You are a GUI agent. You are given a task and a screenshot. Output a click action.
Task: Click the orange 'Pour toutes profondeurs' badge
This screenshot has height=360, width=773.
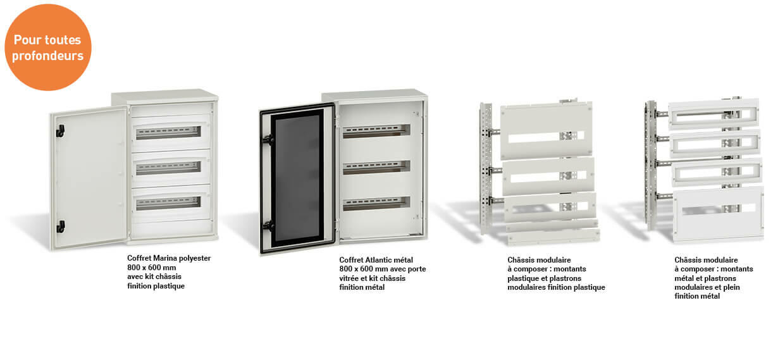[48, 47]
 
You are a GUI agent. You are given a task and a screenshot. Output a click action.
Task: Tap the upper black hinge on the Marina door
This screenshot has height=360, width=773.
[60, 131]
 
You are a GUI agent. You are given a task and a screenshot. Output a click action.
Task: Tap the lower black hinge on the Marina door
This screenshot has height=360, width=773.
[60, 227]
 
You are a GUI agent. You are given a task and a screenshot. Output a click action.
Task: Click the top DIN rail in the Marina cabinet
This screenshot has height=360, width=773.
[168, 132]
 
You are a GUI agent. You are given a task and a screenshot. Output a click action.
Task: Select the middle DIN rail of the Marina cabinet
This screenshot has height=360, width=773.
[168, 168]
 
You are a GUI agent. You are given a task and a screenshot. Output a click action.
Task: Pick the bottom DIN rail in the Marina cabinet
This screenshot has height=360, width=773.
[168, 203]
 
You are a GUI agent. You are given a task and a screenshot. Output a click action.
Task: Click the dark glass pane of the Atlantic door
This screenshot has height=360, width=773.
[297, 178]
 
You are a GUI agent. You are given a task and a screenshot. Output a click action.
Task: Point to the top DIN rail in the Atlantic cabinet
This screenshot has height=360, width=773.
[376, 132]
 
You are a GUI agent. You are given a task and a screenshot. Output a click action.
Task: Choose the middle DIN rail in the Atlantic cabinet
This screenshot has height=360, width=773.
[376, 167]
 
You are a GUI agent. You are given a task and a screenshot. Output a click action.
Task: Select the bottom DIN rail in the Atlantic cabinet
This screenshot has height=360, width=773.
[376, 204]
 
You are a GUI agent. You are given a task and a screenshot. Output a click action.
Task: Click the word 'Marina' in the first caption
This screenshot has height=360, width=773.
[164, 258]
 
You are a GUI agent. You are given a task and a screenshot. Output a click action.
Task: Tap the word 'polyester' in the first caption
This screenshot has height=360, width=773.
[194, 259]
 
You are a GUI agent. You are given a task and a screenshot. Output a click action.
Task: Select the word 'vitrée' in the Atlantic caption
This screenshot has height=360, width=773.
[349, 278]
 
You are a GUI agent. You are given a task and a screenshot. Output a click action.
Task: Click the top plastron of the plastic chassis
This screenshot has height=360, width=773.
[547, 130]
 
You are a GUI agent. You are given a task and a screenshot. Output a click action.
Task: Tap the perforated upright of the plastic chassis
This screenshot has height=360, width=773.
[486, 168]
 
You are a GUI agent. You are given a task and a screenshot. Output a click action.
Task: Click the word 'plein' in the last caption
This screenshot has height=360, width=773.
[732, 287]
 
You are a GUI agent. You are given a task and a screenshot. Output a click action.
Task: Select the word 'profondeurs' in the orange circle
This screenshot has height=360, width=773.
[48, 56]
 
